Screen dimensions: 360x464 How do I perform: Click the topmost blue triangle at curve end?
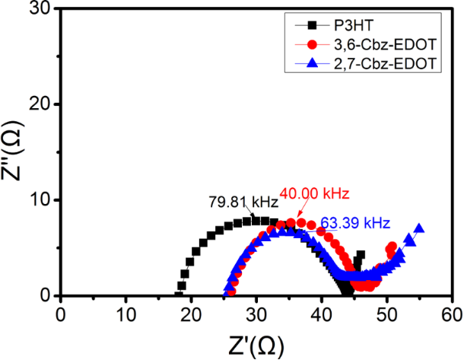[x=418, y=228]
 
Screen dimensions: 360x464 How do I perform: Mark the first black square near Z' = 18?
[x=180, y=295]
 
